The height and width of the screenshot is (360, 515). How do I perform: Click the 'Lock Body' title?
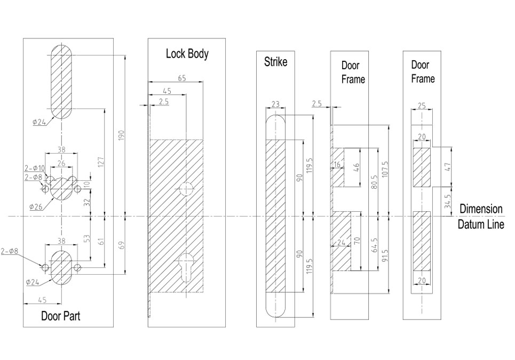click(187, 53)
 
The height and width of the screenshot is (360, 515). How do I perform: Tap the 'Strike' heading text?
click(275, 62)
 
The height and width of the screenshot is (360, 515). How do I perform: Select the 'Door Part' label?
click(61, 316)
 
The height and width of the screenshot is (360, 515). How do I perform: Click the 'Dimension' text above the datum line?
click(481, 209)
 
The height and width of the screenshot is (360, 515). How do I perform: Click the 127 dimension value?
click(101, 163)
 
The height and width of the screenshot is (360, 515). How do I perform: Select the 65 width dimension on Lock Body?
click(181, 78)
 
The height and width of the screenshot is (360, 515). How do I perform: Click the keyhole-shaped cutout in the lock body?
click(186, 265)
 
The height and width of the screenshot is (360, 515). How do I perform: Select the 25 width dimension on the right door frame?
click(422, 106)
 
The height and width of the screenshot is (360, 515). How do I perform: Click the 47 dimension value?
click(447, 167)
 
